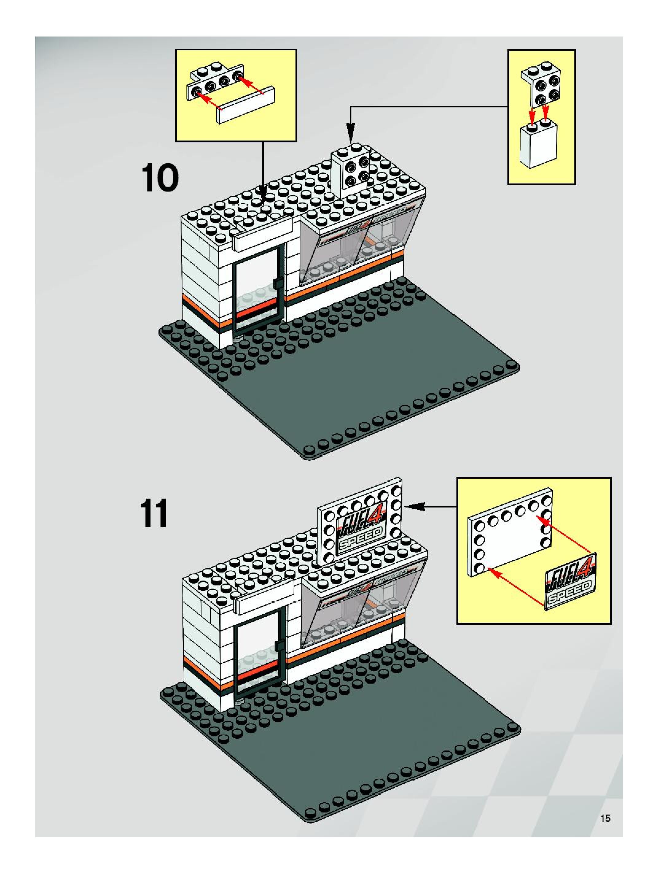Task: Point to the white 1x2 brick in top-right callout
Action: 538,145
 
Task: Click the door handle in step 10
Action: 277,282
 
